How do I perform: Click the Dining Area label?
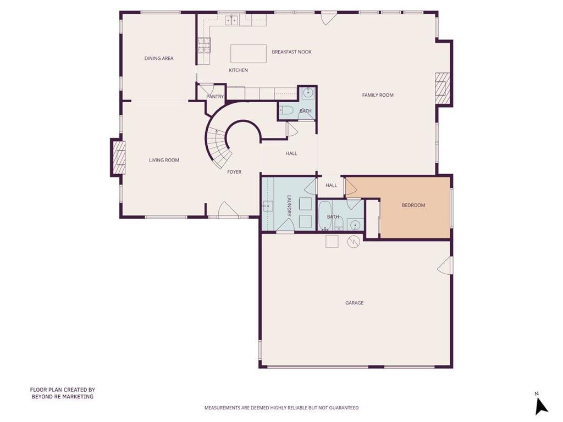coord(159,58)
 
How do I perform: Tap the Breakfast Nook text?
coord(291,52)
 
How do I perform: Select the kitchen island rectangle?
coord(249,54)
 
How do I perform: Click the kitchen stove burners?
coord(203,46)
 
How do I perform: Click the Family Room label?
coord(378,95)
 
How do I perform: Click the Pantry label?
coord(215,97)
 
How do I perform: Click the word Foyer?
coord(234,172)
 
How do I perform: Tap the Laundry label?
coord(289,206)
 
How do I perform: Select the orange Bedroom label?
coord(413,206)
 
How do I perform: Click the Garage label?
coord(355,303)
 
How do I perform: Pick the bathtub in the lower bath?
coord(325,215)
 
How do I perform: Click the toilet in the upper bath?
coord(287,110)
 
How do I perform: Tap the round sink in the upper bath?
coord(308,93)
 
